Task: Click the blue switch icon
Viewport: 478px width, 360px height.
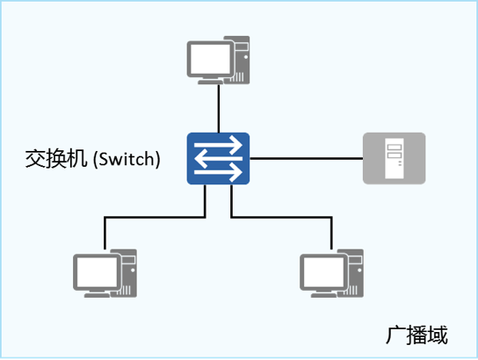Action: click(218, 159)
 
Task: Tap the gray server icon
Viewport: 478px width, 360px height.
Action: click(395, 159)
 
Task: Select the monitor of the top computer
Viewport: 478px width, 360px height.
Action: click(209, 60)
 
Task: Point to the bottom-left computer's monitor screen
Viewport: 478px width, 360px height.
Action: click(95, 271)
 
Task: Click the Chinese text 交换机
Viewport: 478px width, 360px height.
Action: click(57, 160)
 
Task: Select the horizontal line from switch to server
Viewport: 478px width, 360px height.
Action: click(306, 159)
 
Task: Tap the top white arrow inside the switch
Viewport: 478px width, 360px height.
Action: click(218, 147)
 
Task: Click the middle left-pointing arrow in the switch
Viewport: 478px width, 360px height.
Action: click(218, 159)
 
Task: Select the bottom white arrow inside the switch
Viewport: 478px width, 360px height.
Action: click(218, 171)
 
